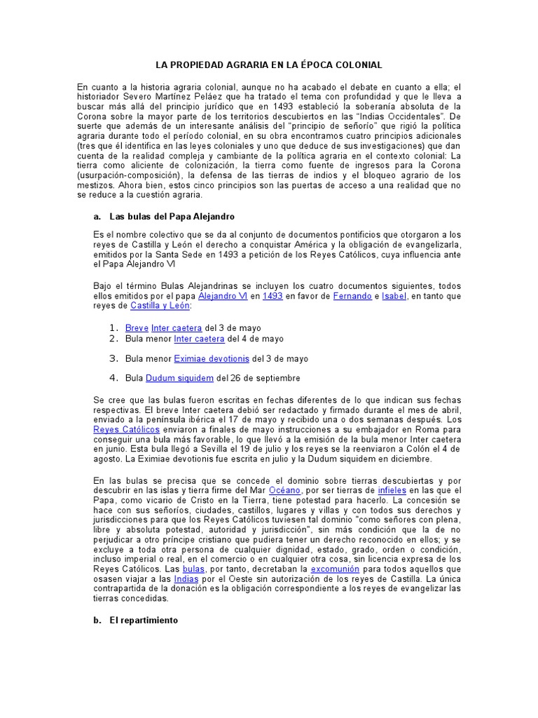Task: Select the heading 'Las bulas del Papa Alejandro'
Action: [x=172, y=217]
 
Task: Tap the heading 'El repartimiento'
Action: [x=144, y=621]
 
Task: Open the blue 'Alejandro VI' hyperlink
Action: [x=223, y=297]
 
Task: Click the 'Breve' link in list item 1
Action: [x=137, y=327]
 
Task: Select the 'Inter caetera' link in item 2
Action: [x=199, y=339]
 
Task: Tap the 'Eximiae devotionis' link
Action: [x=212, y=358]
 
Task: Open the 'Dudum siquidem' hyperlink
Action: [x=179, y=379]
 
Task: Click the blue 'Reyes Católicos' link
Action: [x=126, y=428]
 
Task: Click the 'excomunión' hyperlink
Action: [x=339, y=569]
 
